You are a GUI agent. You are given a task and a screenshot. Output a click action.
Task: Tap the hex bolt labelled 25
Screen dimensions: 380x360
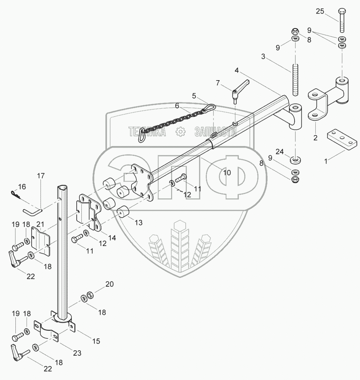341,21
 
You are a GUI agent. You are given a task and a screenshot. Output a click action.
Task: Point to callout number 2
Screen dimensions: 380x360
315,137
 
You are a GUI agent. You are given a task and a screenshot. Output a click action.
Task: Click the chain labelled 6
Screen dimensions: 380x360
173,120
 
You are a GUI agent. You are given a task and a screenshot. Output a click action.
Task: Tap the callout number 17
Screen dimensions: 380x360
41,176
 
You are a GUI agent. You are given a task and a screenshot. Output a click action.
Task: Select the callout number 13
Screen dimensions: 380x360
138,222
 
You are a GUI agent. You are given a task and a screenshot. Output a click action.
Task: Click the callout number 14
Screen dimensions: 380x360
112,238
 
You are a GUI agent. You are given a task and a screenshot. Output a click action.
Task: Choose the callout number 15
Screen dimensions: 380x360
96,341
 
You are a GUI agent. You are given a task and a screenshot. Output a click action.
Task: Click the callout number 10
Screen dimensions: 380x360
227,173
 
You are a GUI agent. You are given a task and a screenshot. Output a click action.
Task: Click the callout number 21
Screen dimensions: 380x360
40,224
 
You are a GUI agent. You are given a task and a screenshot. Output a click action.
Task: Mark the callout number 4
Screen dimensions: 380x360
237,71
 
